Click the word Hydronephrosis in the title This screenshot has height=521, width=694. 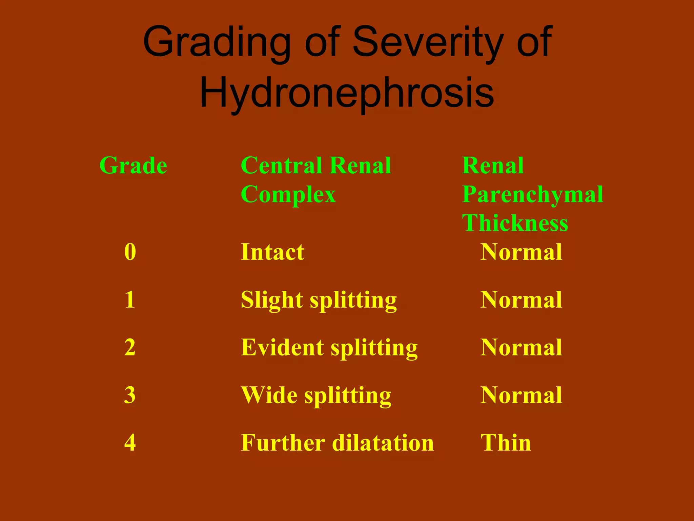347,92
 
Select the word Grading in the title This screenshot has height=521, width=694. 217,42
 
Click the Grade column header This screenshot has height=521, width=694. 133,166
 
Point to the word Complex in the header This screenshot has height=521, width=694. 288,194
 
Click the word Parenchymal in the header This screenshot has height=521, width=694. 533,194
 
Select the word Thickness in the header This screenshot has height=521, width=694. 515,223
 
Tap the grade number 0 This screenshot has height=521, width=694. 130,252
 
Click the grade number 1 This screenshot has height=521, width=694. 130,300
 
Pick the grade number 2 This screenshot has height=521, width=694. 130,347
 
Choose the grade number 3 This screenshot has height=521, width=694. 130,395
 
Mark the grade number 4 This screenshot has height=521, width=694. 130,443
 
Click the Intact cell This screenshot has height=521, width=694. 272,252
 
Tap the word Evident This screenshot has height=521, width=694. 282,347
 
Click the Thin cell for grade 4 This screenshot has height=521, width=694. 506,443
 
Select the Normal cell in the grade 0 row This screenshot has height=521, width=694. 521,252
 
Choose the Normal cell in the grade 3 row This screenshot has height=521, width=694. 521,395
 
